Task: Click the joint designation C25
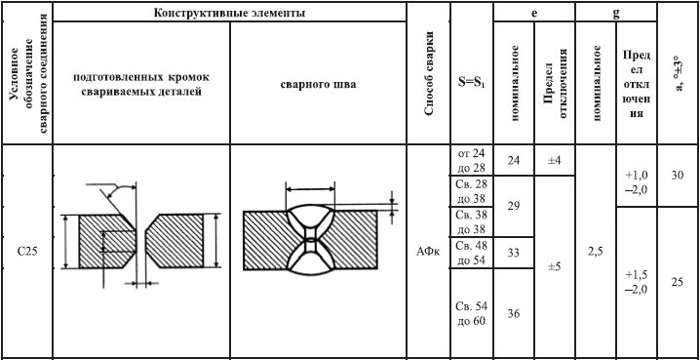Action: (27, 252)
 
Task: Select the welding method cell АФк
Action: (428, 253)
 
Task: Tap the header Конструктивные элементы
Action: (229, 13)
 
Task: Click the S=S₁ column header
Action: (472, 83)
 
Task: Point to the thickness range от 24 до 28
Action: (472, 160)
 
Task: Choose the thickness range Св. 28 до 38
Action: (472, 190)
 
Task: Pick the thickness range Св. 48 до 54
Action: (472, 253)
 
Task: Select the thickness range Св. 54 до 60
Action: (472, 313)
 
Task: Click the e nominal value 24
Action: (514, 160)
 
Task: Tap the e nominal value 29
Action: (514, 206)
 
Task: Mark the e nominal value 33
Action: (514, 253)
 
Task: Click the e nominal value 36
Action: (514, 313)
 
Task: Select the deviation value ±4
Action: (555, 160)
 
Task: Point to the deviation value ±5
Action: (555, 266)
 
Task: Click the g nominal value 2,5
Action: (596, 252)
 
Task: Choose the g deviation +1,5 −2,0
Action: (637, 282)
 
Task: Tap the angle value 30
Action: (678, 176)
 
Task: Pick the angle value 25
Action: (678, 282)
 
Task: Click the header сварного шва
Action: (318, 84)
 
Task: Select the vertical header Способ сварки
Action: (429, 74)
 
